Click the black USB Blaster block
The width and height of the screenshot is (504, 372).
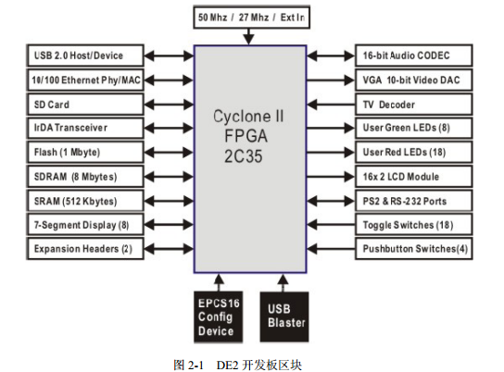(x=284, y=316)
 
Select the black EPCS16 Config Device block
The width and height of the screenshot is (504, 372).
(x=219, y=316)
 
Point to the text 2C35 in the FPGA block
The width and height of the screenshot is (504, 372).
(x=244, y=156)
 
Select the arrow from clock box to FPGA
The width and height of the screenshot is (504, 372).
(x=248, y=37)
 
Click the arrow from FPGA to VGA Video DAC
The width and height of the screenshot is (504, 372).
(x=331, y=80)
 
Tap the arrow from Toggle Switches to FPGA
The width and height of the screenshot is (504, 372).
(x=331, y=225)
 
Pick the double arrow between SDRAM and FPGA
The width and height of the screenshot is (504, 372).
(x=169, y=177)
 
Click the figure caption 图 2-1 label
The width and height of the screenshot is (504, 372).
(x=188, y=365)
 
